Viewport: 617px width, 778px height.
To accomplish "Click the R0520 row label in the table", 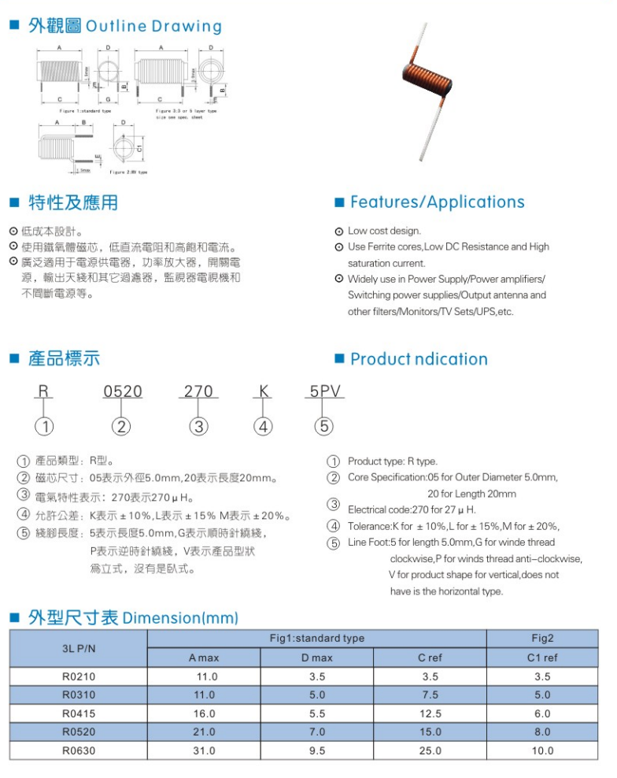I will pyautogui.click(x=79, y=732).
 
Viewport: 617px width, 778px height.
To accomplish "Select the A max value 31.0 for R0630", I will pyautogui.click(x=204, y=750).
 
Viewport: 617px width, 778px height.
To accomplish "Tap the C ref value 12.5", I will pyautogui.click(x=430, y=713).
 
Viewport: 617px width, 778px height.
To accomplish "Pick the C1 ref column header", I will pyautogui.click(x=542, y=658).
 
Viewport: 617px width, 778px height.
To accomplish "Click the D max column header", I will pyautogui.click(x=317, y=658).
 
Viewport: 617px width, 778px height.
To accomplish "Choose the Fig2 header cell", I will pyautogui.click(x=542, y=638).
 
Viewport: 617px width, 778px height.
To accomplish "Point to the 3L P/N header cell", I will pyautogui.click(x=79, y=648).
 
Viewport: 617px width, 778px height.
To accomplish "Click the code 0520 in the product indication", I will pyautogui.click(x=123, y=391).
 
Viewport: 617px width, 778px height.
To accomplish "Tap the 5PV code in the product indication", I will pyautogui.click(x=324, y=391).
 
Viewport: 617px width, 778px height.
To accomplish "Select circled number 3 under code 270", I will pyautogui.click(x=199, y=427).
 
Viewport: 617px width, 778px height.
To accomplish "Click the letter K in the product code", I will pyautogui.click(x=264, y=391).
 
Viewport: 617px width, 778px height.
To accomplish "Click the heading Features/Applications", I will pyautogui.click(x=437, y=202).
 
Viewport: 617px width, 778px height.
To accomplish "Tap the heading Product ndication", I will pyautogui.click(x=419, y=359).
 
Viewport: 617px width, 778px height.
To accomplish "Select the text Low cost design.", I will pyautogui.click(x=384, y=231).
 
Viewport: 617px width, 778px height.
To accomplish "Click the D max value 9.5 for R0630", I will pyautogui.click(x=317, y=750).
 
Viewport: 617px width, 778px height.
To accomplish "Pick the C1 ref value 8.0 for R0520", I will pyautogui.click(x=542, y=732).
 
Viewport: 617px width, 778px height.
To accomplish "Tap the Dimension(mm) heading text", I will pyautogui.click(x=181, y=617).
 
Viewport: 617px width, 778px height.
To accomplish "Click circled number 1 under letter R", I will pyautogui.click(x=47, y=427).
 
